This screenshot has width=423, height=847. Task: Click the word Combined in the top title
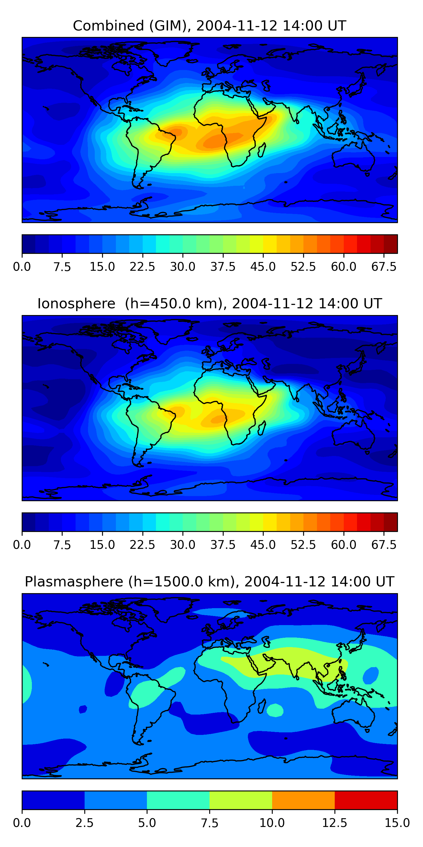(108, 26)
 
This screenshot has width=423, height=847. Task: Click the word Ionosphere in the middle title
(76, 304)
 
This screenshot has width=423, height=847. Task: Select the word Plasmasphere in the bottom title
(74, 581)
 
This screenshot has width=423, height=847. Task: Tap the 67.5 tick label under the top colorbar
(384, 267)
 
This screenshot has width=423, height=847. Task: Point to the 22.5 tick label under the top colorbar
(142, 267)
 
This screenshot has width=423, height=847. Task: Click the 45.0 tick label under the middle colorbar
(263, 545)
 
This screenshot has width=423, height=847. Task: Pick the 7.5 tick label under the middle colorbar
(62, 545)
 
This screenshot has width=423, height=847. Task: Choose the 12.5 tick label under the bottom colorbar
(334, 823)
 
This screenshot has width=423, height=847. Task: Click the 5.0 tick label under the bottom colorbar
(147, 823)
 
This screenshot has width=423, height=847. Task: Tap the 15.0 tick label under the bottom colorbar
(397, 823)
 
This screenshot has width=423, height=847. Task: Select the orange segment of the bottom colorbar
(303, 800)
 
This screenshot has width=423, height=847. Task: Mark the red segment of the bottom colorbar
(366, 800)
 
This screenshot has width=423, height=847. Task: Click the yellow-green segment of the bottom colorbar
(241, 800)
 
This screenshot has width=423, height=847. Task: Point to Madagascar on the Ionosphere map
(261, 428)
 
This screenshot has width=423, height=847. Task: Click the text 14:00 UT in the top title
(314, 26)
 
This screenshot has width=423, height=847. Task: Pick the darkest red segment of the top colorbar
(391, 244)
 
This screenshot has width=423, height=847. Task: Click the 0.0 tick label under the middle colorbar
(22, 545)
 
